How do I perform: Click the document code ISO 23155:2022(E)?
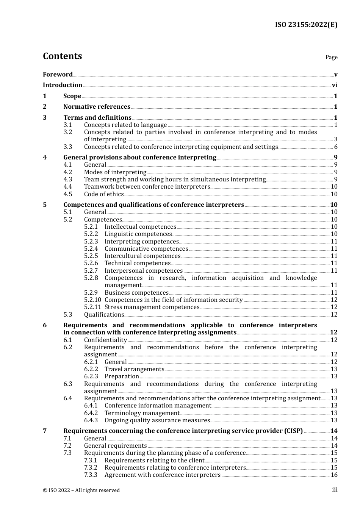(306, 25)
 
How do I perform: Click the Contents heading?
(62, 56)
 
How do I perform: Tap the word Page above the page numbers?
(331, 57)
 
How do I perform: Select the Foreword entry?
(58, 74)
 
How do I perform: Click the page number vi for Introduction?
(335, 85)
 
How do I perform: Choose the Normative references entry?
(97, 107)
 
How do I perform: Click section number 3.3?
(68, 147)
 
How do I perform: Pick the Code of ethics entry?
(104, 194)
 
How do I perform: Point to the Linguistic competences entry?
(138, 234)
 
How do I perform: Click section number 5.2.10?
(92, 300)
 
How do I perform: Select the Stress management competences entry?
(152, 307)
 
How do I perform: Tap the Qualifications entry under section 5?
(104, 315)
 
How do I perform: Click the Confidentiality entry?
(105, 340)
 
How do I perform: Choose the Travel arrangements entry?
(134, 369)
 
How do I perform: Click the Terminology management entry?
(142, 413)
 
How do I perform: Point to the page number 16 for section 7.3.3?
(334, 475)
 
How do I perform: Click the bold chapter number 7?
(45, 431)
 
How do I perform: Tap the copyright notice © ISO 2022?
(81, 490)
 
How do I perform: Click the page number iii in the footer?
(335, 490)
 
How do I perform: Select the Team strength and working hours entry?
(175, 180)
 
